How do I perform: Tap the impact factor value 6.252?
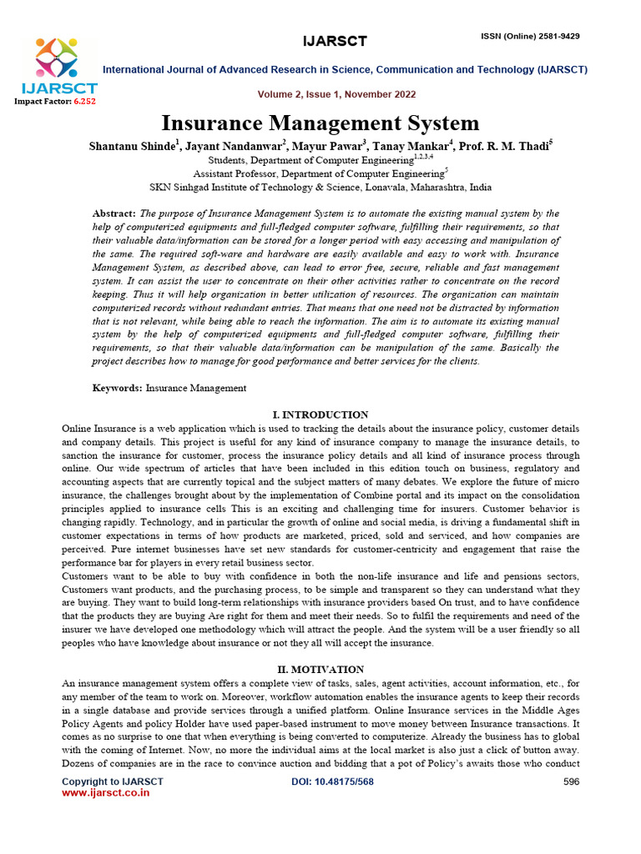point(84,101)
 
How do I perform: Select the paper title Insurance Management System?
point(320,123)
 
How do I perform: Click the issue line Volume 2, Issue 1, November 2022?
point(326,94)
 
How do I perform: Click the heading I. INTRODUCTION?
point(320,414)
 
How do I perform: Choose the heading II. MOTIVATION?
point(320,670)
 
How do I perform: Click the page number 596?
point(571,781)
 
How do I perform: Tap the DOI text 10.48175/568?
point(344,781)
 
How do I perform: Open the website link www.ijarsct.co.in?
point(106,793)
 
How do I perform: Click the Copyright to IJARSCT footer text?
point(113,781)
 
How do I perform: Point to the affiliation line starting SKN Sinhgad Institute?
point(320,188)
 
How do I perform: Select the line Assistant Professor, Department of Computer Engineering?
point(320,173)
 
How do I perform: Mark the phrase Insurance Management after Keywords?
point(196,388)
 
